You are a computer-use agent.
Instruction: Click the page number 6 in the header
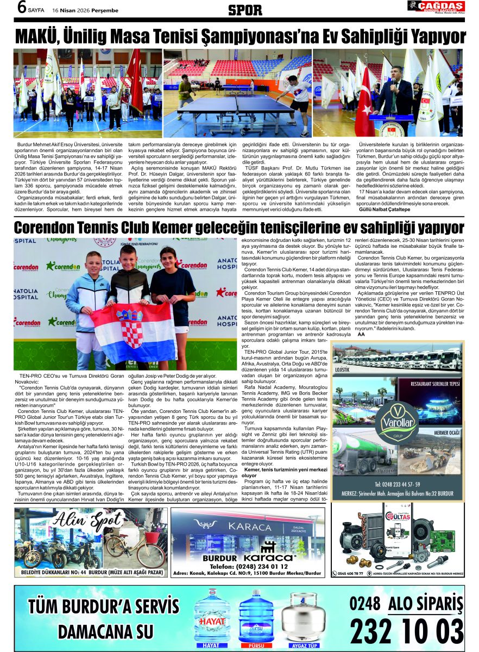click(x=21, y=8)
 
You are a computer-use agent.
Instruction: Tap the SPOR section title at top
click(x=245, y=9)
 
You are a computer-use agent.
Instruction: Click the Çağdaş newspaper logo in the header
click(x=436, y=7)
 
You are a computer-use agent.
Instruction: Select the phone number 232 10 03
click(x=406, y=630)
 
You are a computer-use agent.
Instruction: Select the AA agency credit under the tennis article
click(x=361, y=334)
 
